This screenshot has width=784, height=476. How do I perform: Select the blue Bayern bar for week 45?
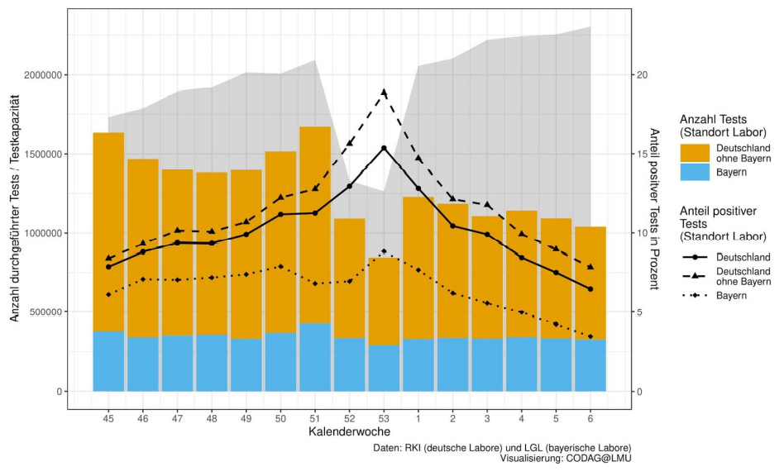pos(108,361)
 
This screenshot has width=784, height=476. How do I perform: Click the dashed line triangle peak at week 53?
pos(384,93)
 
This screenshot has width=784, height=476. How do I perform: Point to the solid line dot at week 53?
pos(384,148)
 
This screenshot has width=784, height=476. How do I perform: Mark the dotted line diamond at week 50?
pos(280,267)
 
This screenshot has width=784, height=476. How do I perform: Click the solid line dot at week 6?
pos(590,289)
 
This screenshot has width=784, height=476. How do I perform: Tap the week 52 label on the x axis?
pos(350,416)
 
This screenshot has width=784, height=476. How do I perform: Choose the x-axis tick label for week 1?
pos(418,416)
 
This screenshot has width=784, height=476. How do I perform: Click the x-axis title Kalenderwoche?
pos(350,431)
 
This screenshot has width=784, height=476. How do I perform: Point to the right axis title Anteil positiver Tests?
pos(654,208)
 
